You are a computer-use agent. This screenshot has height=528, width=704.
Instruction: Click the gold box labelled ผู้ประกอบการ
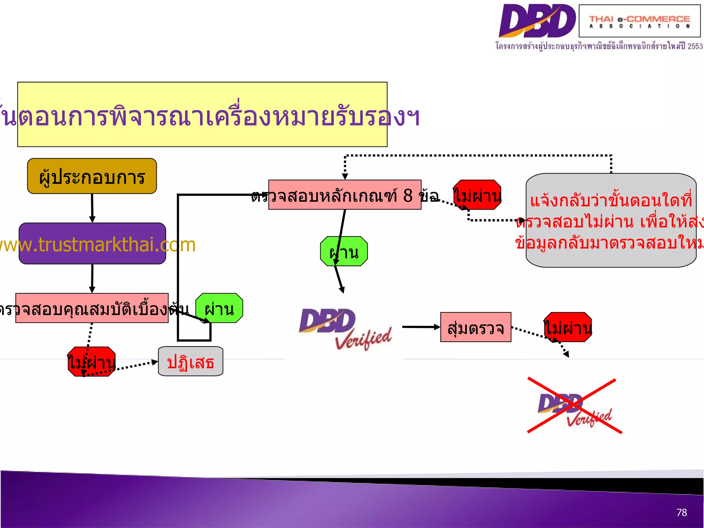coord(92,176)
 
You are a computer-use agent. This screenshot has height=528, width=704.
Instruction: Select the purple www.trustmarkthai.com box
coord(92,243)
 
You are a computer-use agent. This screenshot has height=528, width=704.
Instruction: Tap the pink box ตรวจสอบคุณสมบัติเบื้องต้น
coord(92,308)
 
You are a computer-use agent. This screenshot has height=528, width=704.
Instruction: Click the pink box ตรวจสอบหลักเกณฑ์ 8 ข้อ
coord(344,195)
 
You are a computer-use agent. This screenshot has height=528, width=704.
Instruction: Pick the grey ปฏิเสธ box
coord(190,361)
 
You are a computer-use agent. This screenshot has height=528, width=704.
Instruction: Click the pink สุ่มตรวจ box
coord(475,327)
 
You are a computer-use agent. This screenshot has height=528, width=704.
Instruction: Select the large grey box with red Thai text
coord(611,220)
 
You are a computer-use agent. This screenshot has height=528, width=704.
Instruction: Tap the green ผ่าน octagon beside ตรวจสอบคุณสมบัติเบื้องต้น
coord(219,308)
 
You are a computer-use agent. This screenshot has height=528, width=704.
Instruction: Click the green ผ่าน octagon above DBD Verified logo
coord(344,251)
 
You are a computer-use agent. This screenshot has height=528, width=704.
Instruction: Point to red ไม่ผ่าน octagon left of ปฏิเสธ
coord(91,362)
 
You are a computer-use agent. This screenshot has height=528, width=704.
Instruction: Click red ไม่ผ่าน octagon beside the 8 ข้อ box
coord(477,195)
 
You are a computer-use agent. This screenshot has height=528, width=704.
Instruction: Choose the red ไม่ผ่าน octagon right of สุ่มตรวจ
coord(568,327)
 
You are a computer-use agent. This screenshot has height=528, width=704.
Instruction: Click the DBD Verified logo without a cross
coord(345,329)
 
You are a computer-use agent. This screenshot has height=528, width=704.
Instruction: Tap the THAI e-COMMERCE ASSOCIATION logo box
coord(639,21)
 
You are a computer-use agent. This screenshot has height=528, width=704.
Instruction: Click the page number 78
coord(681,513)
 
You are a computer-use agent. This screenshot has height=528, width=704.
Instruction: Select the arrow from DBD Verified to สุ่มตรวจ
coord(421,327)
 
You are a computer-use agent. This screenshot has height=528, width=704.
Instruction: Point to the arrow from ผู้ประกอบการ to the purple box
coord(92,208)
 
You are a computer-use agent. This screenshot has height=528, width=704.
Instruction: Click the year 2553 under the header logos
coord(695,46)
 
